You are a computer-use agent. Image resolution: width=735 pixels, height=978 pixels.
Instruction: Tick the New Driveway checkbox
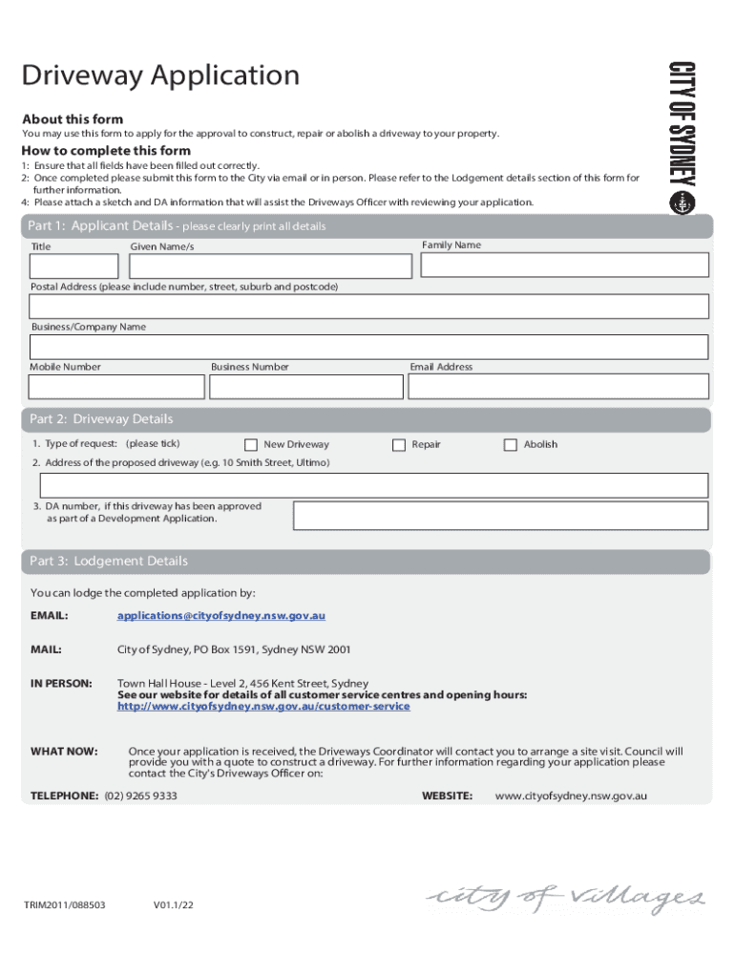coord(251,444)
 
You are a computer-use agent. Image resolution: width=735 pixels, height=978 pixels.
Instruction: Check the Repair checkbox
coord(399,444)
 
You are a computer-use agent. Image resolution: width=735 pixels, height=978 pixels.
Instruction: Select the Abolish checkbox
coord(511,444)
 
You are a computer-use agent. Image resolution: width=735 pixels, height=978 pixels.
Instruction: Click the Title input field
coord(74,266)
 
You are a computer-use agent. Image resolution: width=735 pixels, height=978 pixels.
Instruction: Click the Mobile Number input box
coord(116,386)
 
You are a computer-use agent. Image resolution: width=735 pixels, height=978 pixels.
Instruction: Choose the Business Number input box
coord(306,386)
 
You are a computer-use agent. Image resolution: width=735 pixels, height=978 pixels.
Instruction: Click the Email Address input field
coord(558,386)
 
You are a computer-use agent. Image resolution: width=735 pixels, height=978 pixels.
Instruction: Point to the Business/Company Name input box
coord(368,347)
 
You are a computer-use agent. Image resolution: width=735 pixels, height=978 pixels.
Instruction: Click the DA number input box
coord(500,516)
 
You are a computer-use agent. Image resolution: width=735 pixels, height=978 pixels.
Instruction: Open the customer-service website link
coord(263,707)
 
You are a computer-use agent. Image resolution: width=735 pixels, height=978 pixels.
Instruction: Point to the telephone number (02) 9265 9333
coord(141,796)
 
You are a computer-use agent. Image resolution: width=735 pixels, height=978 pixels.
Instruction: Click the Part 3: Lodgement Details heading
coord(109,562)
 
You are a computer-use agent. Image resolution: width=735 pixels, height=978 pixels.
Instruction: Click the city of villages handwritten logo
coord(566,899)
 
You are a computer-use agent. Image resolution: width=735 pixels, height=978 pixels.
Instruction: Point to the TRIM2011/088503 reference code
coord(65,904)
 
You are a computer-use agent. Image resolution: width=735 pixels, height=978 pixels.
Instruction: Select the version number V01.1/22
coord(176,904)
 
